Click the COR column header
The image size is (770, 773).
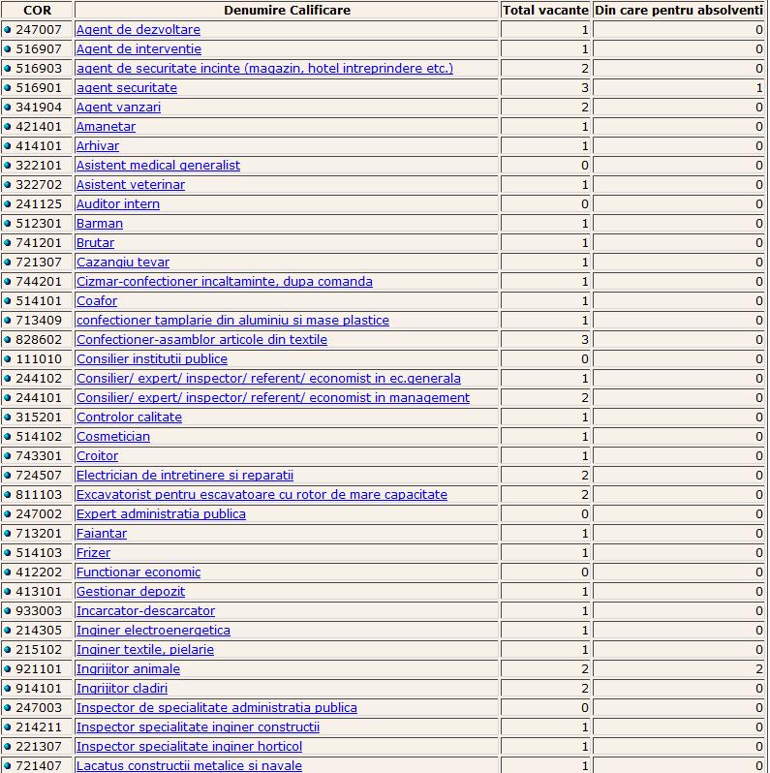coord(37,10)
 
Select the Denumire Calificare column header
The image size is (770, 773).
coord(287,10)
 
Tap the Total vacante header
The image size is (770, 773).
coord(545,10)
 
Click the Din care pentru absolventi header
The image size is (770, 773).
coord(679,10)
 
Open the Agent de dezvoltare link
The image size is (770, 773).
coord(138,29)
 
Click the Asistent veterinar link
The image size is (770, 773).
coord(130,184)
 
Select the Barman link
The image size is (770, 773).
coord(100,223)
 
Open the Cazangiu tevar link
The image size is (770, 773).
coord(122,262)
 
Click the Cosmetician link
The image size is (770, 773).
coord(113,436)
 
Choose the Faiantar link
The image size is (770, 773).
coord(101,533)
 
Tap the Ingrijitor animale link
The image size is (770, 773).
coord(128,668)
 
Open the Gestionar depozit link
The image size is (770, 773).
coord(130,591)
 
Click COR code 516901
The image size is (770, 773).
coord(40,87)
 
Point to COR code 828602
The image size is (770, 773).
coord(40,339)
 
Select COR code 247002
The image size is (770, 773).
coord(40,513)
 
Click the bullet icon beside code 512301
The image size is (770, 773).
coord(8,223)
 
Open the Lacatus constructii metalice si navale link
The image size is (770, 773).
coord(189,765)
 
